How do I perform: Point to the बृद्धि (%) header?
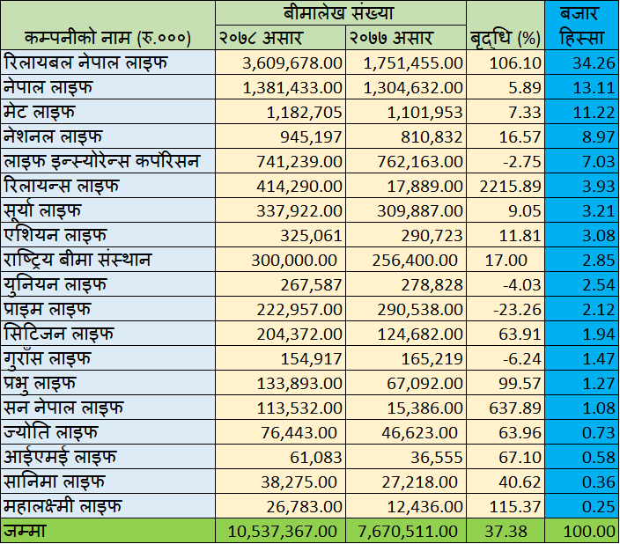[x=505, y=38]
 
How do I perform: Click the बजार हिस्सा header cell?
[x=581, y=26]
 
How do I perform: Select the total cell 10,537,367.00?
[x=284, y=531]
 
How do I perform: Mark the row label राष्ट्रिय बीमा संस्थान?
[x=77, y=261]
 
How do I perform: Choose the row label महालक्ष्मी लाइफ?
[x=63, y=507]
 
